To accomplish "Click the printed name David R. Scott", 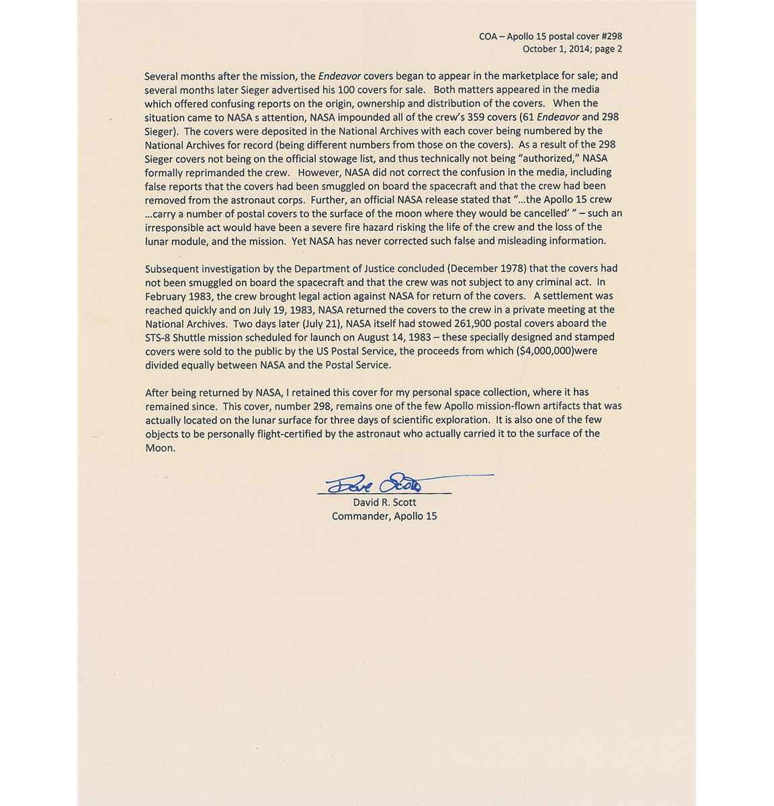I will [384, 502].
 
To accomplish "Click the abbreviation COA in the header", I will [488, 36].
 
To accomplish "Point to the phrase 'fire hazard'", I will [361, 227].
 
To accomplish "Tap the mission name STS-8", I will [159, 337].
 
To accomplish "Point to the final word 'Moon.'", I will [160, 448].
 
